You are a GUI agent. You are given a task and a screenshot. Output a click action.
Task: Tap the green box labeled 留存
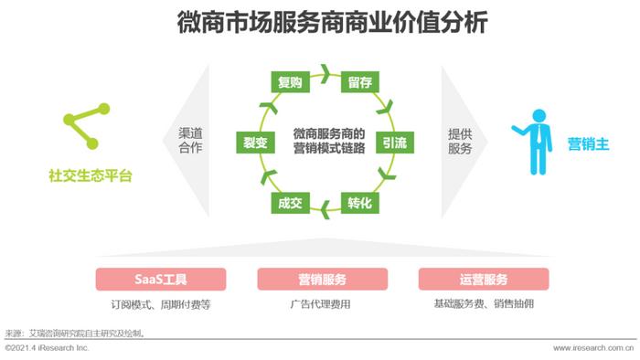[x=358, y=83]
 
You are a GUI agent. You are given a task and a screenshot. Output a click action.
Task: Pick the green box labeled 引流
[x=394, y=143]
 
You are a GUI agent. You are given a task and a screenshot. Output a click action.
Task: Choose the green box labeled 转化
[x=358, y=202]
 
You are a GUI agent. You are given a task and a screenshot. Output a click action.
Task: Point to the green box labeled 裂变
[x=254, y=143]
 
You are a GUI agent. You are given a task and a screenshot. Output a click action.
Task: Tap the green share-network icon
[x=86, y=126]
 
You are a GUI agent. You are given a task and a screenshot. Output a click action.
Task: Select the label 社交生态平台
[x=90, y=175]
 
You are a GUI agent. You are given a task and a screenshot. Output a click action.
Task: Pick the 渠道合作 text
[x=190, y=141]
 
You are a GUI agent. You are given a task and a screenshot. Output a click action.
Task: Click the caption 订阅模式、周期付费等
[x=161, y=304]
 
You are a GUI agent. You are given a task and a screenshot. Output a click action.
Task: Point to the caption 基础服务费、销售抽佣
[x=483, y=304]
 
